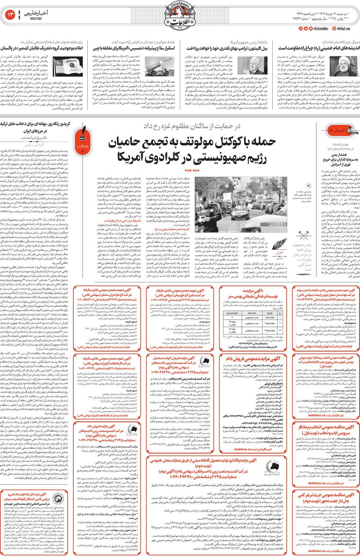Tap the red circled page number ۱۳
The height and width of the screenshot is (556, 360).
point(11,15)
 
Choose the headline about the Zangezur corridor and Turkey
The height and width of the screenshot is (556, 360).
point(35,127)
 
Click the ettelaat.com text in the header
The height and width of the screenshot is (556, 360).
point(345,29)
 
